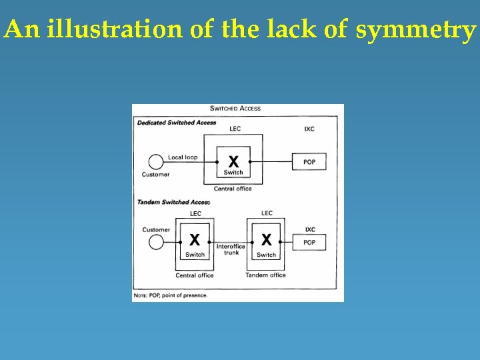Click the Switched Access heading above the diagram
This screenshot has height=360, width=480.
235,108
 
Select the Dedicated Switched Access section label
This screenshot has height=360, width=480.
177,123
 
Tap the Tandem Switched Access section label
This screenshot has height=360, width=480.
173,202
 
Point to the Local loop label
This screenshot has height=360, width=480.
183,157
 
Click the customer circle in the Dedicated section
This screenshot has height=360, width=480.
155,161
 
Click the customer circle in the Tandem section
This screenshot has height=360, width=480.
156,241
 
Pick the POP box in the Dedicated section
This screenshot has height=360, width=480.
309,162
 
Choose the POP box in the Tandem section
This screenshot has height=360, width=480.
309,242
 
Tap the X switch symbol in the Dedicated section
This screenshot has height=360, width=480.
233,161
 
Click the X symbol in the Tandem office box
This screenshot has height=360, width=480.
266,239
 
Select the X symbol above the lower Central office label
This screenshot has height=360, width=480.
195,239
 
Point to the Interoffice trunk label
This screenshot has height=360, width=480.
231,249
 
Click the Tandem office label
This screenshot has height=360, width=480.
265,275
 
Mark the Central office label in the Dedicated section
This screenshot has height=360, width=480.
233,189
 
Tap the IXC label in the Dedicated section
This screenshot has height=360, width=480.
309,129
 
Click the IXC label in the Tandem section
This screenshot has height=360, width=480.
310,229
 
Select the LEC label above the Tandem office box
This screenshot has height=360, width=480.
267,213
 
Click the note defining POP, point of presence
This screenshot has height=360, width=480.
171,295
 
